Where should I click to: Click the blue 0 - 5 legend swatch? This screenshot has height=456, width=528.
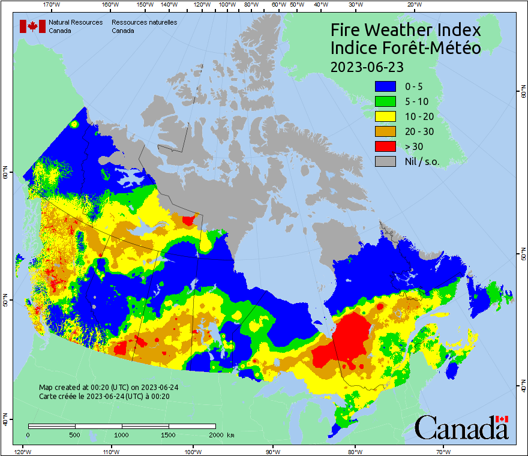[385, 86]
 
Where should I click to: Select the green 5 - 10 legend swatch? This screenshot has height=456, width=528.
[385, 101]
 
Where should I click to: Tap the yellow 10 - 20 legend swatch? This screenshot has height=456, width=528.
[385, 116]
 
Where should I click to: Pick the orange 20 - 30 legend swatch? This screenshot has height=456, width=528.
[385, 131]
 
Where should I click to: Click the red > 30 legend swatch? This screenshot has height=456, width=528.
[385, 146]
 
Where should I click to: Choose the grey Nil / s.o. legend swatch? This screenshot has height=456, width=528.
[385, 161]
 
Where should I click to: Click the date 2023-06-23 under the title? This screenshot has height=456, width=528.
[367, 66]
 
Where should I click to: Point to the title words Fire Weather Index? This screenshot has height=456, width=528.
[406, 30]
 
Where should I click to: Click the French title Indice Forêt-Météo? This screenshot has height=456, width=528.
[406, 48]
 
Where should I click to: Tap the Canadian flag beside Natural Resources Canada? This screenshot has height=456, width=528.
[32, 26]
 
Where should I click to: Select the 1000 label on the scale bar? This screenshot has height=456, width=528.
[122, 434]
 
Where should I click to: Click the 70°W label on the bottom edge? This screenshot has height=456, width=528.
[443, 451]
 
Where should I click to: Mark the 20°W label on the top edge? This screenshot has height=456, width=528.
[413, 5]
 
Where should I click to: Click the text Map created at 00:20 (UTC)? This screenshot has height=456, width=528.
[108, 388]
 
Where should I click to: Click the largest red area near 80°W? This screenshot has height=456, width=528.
[353, 340]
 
